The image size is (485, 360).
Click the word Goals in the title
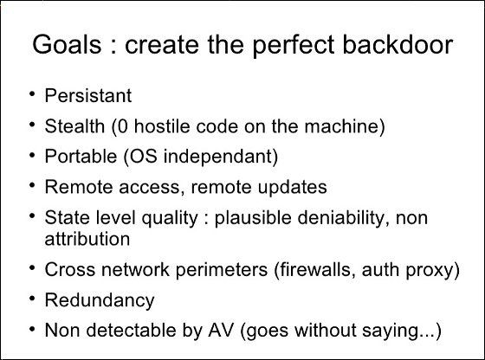click(67, 44)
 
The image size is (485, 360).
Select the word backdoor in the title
click(398, 44)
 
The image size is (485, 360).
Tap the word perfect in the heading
click(294, 47)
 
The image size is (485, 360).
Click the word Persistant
click(88, 95)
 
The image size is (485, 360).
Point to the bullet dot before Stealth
click(32, 125)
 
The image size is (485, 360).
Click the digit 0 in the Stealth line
click(122, 126)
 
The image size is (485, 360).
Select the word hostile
click(162, 126)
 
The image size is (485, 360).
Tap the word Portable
click(81, 157)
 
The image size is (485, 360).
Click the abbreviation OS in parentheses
click(144, 157)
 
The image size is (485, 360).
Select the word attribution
click(87, 239)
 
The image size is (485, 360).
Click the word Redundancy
click(100, 301)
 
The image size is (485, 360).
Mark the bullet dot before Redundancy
click(32, 299)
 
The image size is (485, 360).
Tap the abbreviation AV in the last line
click(221, 330)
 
